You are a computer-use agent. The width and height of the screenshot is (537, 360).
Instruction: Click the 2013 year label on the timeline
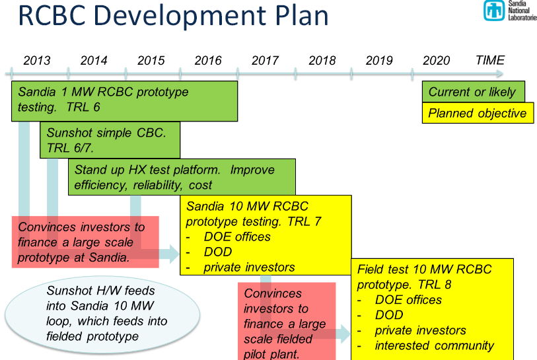36,61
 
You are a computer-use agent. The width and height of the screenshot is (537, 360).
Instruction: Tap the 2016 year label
208,61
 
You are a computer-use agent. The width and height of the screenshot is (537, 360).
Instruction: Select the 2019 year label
378,61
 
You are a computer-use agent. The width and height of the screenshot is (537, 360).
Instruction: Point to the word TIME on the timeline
489,60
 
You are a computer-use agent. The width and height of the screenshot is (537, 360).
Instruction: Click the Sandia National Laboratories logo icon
494,11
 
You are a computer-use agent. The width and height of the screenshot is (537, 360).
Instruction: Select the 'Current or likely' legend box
474,91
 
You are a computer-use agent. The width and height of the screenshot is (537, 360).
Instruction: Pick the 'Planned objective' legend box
478,113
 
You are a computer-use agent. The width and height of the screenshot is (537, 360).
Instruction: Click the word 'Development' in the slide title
180,16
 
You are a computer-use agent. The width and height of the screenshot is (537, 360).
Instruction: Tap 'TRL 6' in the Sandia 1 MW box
83,107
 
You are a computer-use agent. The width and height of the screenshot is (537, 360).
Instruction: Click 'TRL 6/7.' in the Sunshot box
70,148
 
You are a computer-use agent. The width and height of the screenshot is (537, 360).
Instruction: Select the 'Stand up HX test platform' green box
182,177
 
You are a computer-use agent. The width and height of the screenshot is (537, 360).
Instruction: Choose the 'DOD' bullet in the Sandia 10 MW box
218,252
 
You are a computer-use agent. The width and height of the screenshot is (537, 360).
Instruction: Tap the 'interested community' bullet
434,345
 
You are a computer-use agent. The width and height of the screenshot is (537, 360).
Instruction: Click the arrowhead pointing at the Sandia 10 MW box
174,254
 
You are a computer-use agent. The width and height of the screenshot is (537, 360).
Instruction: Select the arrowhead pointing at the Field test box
345,334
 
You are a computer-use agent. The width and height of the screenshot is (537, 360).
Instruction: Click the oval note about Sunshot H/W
102,315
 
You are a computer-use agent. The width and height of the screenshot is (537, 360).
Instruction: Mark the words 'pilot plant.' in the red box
271,354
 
